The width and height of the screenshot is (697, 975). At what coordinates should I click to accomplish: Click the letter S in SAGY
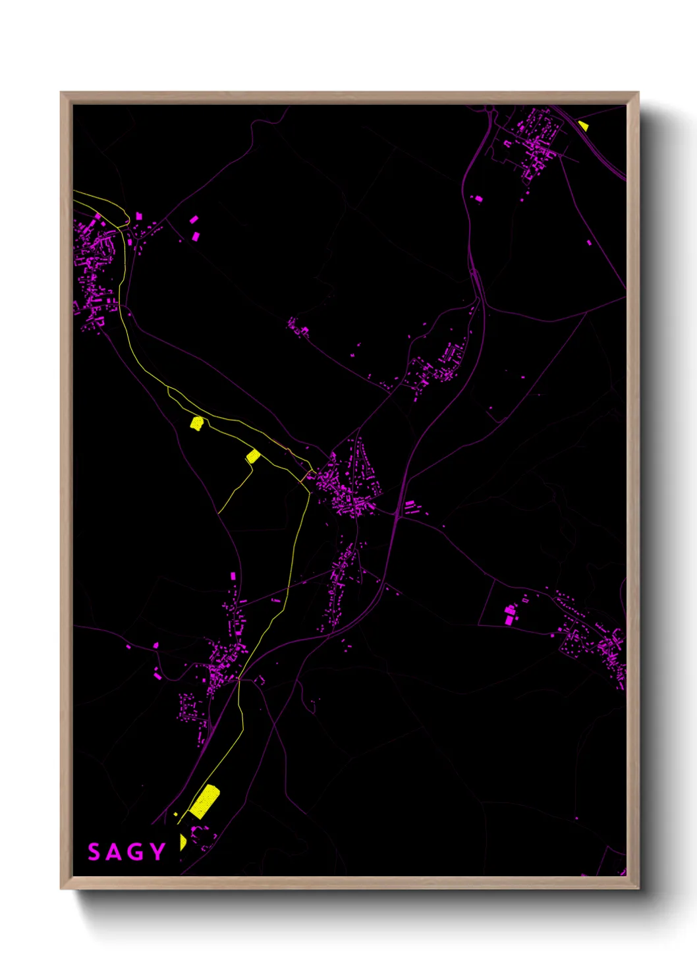point(94,852)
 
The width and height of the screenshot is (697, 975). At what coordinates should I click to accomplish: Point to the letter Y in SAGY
point(157,852)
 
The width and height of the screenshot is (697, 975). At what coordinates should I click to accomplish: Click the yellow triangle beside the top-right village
point(583,125)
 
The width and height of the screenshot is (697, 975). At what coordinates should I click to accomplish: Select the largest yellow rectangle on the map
point(204,801)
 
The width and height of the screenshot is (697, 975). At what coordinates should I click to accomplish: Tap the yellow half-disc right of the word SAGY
point(182,842)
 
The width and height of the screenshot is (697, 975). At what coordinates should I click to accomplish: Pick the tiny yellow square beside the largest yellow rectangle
point(175,815)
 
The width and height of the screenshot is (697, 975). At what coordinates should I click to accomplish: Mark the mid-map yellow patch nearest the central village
point(253,455)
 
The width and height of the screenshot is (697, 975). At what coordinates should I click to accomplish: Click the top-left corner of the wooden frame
point(61,93)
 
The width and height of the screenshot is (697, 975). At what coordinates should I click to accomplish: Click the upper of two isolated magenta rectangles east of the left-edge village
point(194,219)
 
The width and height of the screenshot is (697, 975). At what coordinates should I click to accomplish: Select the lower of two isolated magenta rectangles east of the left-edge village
point(196,236)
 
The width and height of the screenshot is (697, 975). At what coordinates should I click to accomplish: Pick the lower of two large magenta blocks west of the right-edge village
point(509,621)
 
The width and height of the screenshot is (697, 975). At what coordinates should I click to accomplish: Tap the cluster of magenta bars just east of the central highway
point(410,507)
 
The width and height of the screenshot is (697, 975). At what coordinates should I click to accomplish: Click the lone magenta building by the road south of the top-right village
point(589,242)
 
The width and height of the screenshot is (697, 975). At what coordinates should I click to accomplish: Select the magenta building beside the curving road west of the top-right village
point(479,198)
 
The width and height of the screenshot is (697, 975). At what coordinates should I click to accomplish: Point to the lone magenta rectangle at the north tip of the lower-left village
point(233,576)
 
